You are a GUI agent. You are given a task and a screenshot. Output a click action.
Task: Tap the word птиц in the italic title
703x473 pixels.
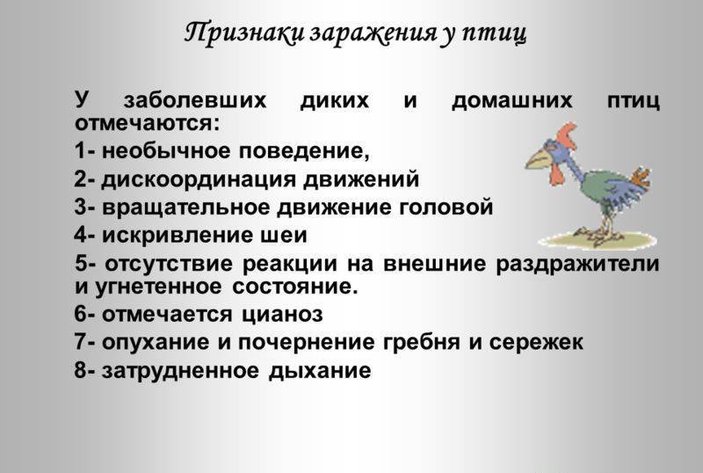(x=494, y=33)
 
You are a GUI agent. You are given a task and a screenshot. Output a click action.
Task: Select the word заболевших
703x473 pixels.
(x=195, y=99)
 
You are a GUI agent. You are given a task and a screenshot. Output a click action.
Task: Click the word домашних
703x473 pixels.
(x=512, y=100)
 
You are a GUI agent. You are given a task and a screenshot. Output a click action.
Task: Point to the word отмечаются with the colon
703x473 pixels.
(x=148, y=123)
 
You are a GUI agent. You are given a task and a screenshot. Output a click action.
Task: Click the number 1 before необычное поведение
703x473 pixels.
(x=80, y=151)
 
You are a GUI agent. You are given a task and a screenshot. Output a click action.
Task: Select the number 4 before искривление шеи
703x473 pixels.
(x=81, y=235)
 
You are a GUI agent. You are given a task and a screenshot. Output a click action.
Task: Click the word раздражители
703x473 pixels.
(x=577, y=263)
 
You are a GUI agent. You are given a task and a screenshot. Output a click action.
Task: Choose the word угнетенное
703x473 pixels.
(x=159, y=287)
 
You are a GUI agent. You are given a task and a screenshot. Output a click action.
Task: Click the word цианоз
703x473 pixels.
(x=282, y=314)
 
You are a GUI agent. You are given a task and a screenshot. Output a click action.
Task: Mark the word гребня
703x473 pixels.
(x=422, y=342)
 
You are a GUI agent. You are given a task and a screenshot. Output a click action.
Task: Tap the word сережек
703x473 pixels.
(x=536, y=342)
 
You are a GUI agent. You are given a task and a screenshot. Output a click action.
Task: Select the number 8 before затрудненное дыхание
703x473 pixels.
(x=81, y=371)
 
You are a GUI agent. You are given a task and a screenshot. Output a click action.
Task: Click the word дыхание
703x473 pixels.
(x=320, y=371)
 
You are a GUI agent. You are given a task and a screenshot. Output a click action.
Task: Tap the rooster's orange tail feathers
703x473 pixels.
(x=640, y=178)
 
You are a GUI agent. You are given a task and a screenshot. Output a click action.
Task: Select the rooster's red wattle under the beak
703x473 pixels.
(x=557, y=174)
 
